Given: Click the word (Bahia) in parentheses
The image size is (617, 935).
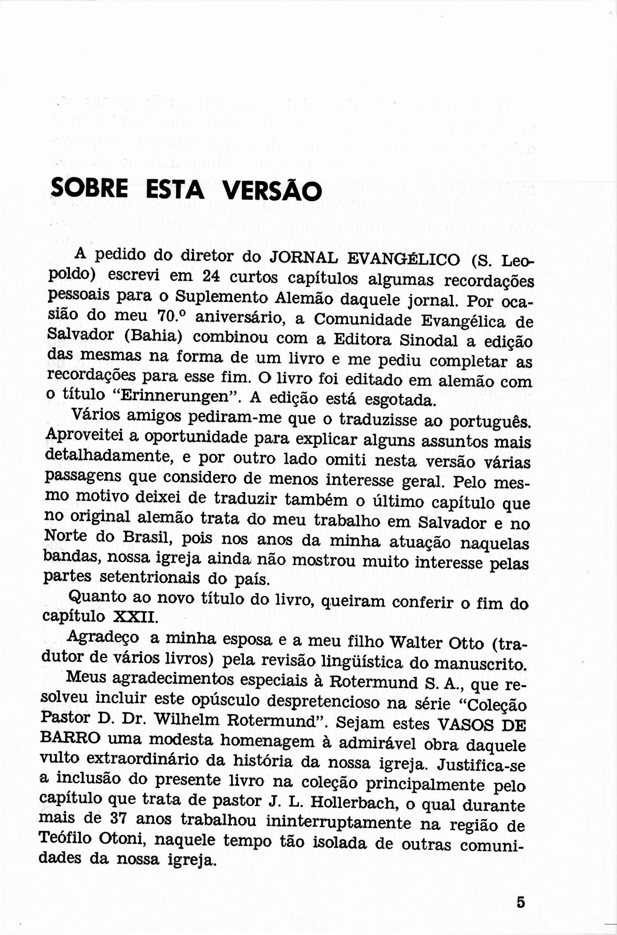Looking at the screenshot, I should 153,337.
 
